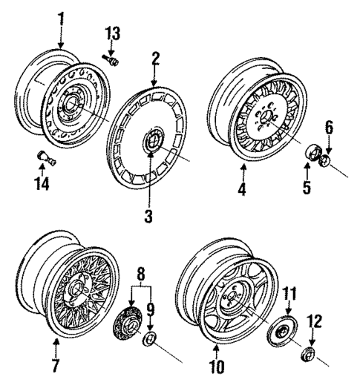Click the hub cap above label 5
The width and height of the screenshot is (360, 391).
click(x=313, y=153)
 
